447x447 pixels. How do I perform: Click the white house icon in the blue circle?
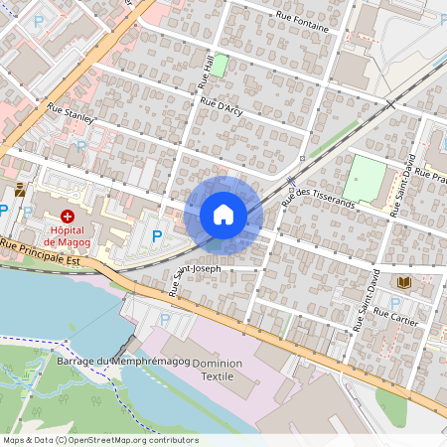coord(223,215)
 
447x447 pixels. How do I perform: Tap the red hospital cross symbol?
coord(68,216)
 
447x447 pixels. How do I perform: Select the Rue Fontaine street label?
coord(302,21)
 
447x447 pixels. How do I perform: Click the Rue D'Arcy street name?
coord(223,105)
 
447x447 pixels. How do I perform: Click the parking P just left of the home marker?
coord(156,236)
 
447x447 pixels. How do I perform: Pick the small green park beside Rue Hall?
coord(220,66)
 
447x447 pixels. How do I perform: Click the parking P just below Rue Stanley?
coord(81,144)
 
